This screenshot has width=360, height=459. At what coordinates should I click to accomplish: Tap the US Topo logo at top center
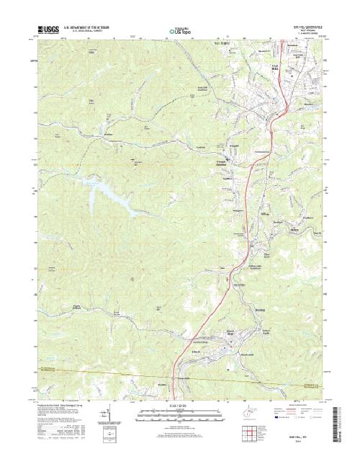pyautogui.click(x=179, y=32)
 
